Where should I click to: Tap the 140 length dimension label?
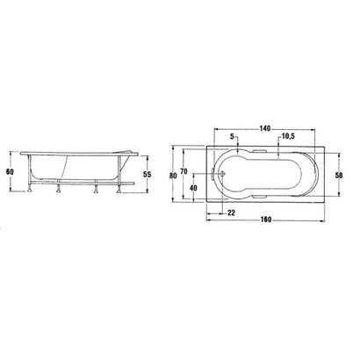pyautogui.click(x=263, y=128)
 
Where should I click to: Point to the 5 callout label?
pyautogui.click(x=233, y=137)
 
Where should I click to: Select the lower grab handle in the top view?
pyautogui.click(x=263, y=198)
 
